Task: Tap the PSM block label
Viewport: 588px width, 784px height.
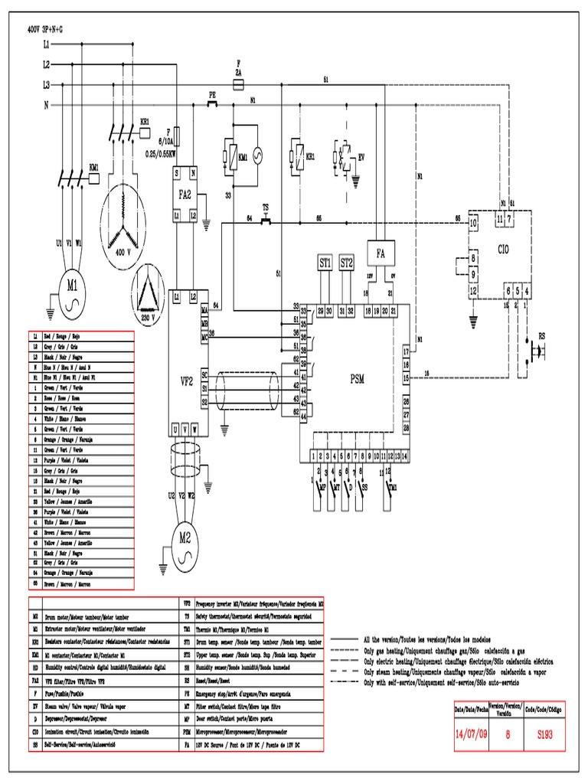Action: coord(358,378)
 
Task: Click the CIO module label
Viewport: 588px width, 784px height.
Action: coord(502,249)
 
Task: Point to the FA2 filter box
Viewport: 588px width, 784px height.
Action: coord(185,195)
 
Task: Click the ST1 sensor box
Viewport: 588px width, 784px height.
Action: coord(325,263)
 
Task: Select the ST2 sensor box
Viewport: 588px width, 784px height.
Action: coord(347,263)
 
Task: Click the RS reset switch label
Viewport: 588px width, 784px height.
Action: coord(544,335)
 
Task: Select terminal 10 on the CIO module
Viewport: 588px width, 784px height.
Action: coord(474,223)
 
